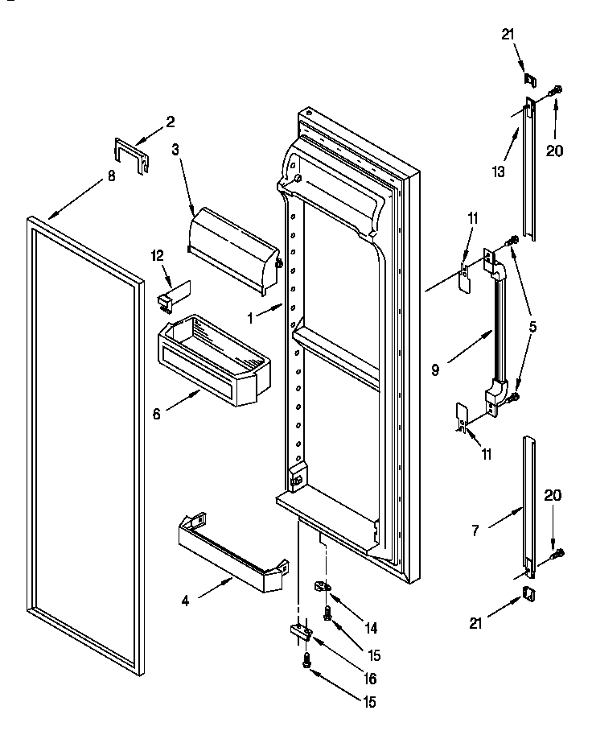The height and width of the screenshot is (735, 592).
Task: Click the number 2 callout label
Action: pyautogui.click(x=171, y=122)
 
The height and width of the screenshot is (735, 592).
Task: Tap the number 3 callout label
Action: pyautogui.click(x=176, y=149)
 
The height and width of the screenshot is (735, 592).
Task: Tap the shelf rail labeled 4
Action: pyautogui.click(x=233, y=556)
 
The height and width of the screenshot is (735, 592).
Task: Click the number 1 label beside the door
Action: pyautogui.click(x=250, y=318)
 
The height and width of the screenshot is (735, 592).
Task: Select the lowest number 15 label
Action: pyautogui.click(x=369, y=702)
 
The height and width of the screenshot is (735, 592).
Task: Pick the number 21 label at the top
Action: pyautogui.click(x=507, y=34)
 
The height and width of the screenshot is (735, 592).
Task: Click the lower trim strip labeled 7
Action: pyautogui.click(x=528, y=507)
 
